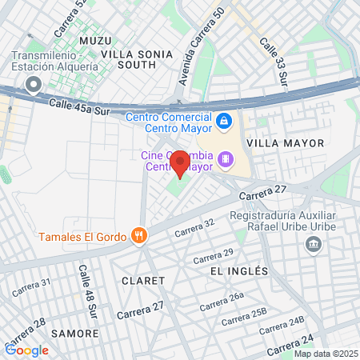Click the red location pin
pos(180,164)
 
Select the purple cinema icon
pos(227,160)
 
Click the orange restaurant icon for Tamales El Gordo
pos(140,235)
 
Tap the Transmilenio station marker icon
pos(33,85)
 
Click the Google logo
pos(27,350)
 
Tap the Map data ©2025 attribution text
pos(326,354)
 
